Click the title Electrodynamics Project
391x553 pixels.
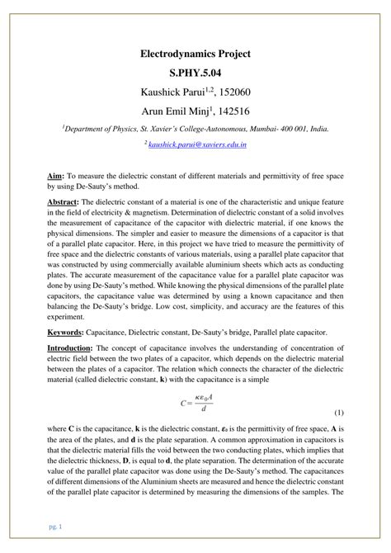click(195, 54)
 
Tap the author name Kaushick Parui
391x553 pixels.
click(164, 93)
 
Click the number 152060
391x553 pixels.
click(233, 93)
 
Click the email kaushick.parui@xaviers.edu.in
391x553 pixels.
click(199, 144)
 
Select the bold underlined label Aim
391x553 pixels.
click(72, 177)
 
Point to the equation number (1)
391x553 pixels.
click(338, 435)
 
